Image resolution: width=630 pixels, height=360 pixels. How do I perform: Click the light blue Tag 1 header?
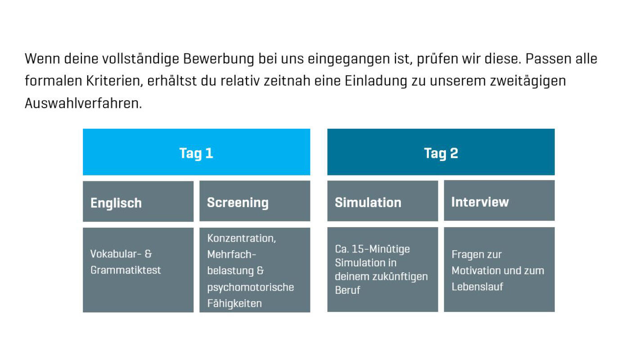pos(196,152)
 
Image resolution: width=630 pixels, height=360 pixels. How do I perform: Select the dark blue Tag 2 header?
pos(441,152)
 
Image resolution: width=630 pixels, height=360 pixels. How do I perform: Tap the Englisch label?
pos(116,203)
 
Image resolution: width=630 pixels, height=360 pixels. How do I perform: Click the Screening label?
pos(238,202)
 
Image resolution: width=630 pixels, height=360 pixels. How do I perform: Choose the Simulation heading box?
pos(382,201)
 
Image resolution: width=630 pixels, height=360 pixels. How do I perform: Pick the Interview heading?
pos(480,202)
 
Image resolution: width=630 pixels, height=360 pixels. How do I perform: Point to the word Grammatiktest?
pos(126,270)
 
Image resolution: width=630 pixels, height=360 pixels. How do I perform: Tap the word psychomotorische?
pos(250,288)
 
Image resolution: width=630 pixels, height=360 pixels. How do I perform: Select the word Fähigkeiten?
pos(234,303)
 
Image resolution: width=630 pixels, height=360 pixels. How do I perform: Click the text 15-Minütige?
pos(381,249)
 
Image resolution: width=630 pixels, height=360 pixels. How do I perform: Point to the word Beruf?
pos(347,290)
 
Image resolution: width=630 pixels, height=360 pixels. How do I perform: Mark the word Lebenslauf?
pos(477,287)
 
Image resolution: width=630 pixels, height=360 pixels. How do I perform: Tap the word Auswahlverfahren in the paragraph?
pos(83,103)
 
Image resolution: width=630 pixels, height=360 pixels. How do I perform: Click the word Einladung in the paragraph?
pos(376,81)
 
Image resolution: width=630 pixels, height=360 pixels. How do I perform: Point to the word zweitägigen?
pos(528,81)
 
